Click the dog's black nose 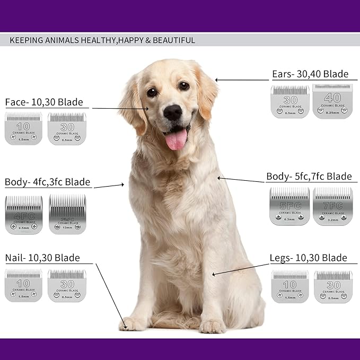click(173, 112)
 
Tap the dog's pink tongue click(176, 140)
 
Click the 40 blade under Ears click(332, 101)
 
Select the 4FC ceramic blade click(24, 215)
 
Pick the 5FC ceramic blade click(289, 206)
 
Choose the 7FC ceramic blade click(332, 206)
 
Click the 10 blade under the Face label click(23, 128)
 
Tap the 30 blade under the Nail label click(67, 286)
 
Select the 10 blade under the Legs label click(289, 286)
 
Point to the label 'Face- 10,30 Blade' click(44, 102)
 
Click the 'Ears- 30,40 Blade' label click(310, 74)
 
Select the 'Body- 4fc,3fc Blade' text click(48, 182)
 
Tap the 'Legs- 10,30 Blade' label click(308, 258)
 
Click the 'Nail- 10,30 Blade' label click(42, 258)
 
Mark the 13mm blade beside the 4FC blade click(67, 215)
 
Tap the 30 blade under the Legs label click(333, 286)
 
